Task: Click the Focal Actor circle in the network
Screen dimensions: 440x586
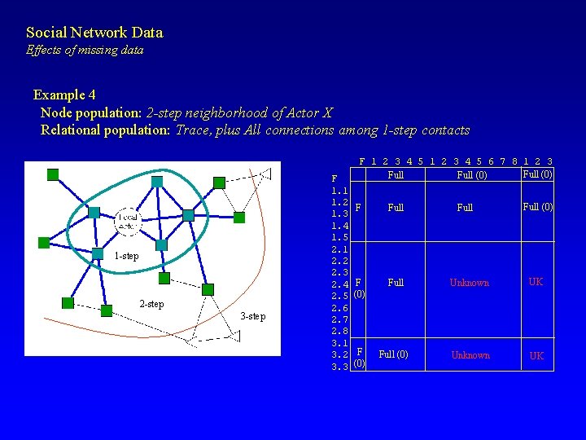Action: coord(128,220)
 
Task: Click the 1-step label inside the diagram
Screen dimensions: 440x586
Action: coord(126,256)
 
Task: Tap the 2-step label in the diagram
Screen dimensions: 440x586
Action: coord(151,304)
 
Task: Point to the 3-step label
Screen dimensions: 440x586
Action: coord(253,316)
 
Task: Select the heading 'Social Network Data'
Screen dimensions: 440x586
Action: coord(94,33)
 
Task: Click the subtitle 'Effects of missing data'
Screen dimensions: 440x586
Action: coord(85,51)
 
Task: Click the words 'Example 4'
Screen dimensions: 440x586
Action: coord(64,95)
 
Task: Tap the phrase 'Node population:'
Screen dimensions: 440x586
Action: coord(91,112)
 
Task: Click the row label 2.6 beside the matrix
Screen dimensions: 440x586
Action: coord(340,308)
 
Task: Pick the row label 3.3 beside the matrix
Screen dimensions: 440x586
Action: coord(340,367)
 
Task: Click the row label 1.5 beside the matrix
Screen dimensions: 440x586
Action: coord(340,237)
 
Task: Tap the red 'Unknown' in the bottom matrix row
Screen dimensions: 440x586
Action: coord(470,355)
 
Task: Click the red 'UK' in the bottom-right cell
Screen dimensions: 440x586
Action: coord(536,356)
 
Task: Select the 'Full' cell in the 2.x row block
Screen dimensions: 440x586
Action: coord(396,283)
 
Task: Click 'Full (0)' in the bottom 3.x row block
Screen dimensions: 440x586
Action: coord(394,355)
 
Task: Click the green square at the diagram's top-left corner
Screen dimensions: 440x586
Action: coord(53,174)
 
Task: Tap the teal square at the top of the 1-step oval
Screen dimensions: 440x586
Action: coord(157,181)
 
